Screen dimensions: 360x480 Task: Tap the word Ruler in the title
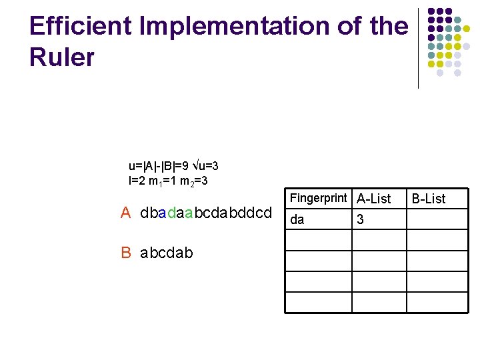tap(62, 57)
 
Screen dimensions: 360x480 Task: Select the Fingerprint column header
tap(319, 198)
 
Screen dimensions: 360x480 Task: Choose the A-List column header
tap(374, 199)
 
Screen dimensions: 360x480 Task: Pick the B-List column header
tap(428, 199)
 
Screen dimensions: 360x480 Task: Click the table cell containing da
tap(298, 219)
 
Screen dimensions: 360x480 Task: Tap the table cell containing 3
tap(361, 219)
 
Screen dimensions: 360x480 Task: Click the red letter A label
tap(125, 213)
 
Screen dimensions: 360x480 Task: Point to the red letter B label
tap(126, 252)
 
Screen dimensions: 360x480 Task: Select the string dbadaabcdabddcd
tap(207, 213)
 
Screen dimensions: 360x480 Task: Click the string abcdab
tap(167, 252)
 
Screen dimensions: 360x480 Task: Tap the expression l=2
tap(137, 180)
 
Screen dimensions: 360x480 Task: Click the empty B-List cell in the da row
tap(433, 219)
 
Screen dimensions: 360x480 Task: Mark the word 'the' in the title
tap(388, 26)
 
